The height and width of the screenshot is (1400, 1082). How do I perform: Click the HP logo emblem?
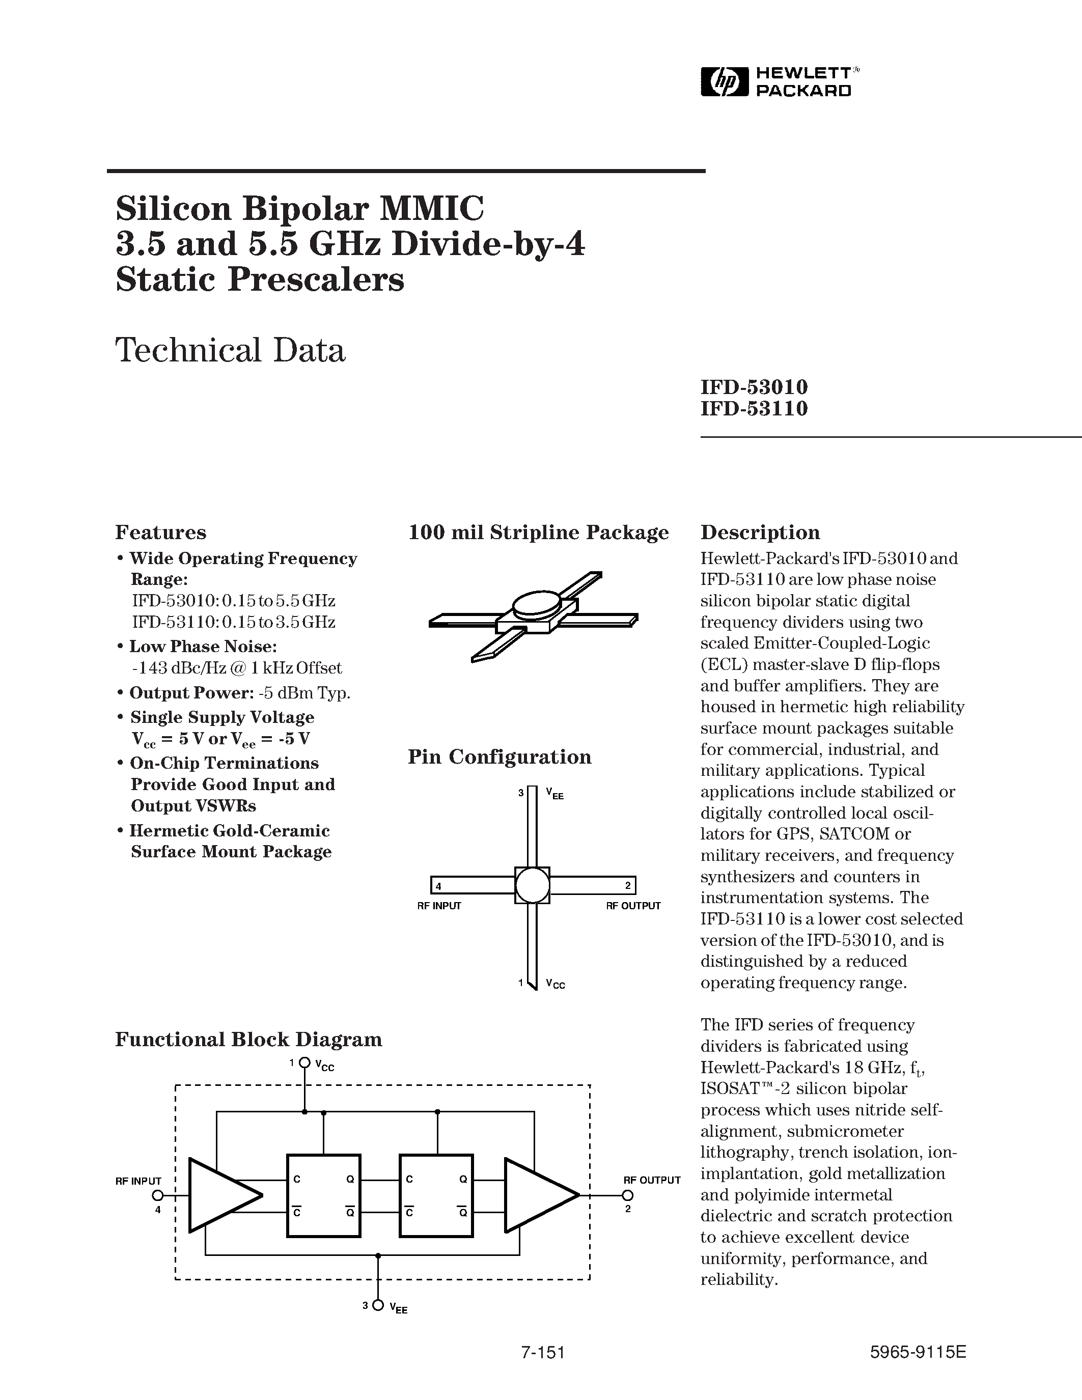pos(725,82)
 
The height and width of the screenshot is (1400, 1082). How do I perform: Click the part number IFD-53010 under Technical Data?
pos(754,387)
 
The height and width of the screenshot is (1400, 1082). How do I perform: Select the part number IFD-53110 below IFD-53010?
pos(754,408)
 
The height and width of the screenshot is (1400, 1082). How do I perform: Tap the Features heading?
pos(160,533)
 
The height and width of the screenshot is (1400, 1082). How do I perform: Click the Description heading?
pos(760,533)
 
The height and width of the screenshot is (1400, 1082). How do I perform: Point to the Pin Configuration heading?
pos(500,757)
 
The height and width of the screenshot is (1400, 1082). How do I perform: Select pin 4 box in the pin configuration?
pos(438,886)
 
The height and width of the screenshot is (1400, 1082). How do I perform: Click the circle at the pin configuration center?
pos(532,886)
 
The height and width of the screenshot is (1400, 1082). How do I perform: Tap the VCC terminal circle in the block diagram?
pos(304,1063)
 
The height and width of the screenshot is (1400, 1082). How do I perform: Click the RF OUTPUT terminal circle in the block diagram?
pos(627,1195)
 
